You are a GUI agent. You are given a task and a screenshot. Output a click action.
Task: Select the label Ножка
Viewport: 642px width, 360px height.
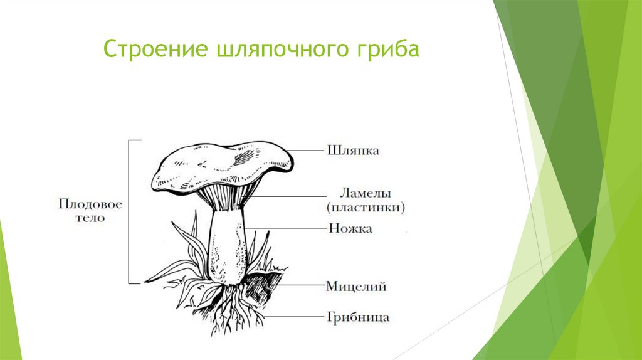click(x=350, y=229)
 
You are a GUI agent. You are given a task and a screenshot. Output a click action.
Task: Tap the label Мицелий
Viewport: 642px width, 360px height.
click(x=355, y=287)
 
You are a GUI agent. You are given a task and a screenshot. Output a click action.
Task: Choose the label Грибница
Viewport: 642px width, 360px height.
click(x=358, y=317)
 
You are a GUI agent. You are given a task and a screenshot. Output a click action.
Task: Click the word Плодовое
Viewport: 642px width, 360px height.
click(x=90, y=204)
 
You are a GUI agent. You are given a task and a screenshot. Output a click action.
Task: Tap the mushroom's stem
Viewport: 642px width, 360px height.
click(x=226, y=245)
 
